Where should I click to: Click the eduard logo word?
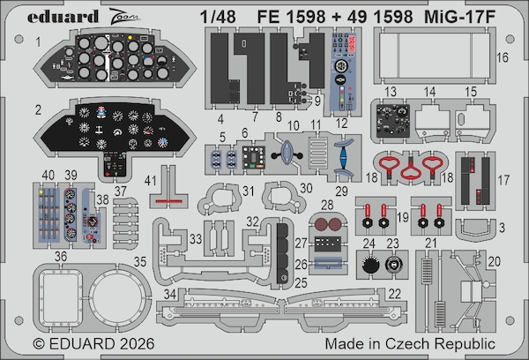click(63, 17)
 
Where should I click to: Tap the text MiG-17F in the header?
click(459, 17)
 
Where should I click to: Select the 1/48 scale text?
click(218, 17)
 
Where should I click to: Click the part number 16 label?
click(503, 57)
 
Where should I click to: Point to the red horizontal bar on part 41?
click(168, 201)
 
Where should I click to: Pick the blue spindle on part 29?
click(344, 158)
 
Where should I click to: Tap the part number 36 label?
click(61, 256)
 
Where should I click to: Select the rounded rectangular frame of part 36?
click(41, 297)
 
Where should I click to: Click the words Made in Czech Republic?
click(410, 344)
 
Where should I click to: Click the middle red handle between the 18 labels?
click(411, 170)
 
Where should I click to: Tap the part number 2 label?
click(38, 109)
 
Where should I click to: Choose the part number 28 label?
click(327, 205)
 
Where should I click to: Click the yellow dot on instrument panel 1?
click(130, 37)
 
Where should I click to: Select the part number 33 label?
click(196, 239)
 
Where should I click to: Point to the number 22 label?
click(394, 294)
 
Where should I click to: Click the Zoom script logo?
click(123, 17)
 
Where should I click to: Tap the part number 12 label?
click(341, 124)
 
